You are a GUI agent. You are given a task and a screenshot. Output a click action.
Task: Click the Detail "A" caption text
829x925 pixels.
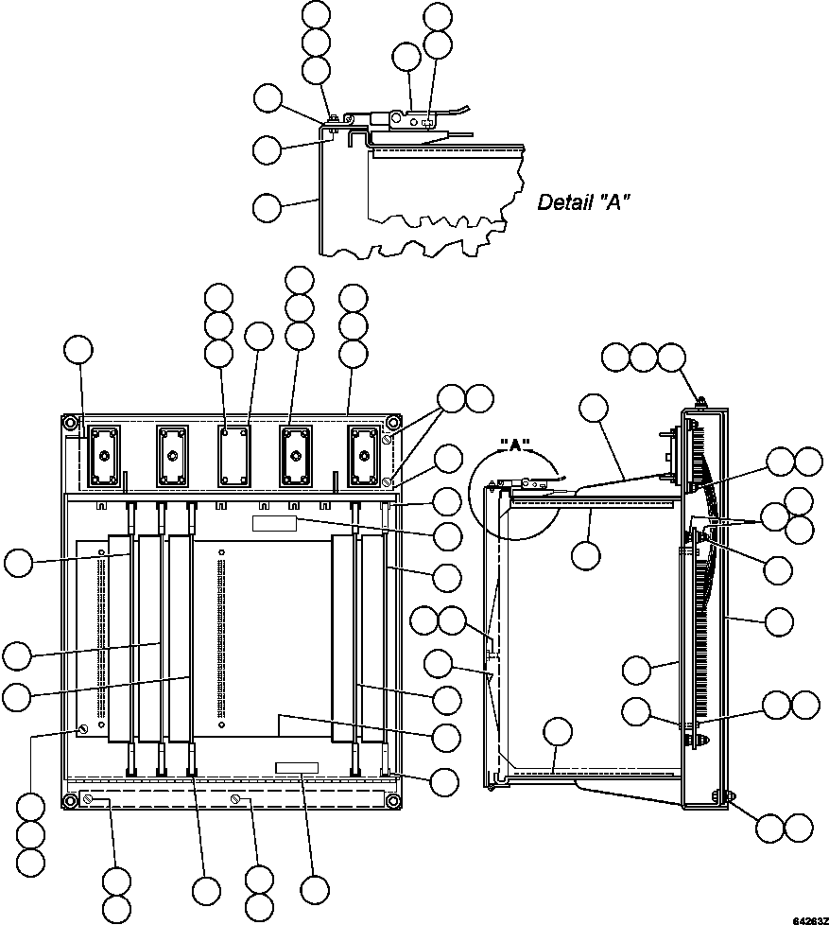pyautogui.click(x=583, y=201)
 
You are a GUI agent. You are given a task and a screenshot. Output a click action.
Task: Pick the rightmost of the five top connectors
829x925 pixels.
pyautogui.click(x=362, y=455)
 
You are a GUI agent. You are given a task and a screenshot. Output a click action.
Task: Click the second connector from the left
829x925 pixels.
pyautogui.click(x=171, y=455)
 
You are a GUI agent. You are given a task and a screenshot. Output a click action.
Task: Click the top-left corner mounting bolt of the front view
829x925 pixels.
pyautogui.click(x=70, y=422)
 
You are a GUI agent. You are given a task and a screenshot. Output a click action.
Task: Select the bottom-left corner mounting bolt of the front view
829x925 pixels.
pyautogui.click(x=70, y=801)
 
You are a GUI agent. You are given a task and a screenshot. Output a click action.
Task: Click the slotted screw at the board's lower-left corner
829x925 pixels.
pyautogui.click(x=85, y=728)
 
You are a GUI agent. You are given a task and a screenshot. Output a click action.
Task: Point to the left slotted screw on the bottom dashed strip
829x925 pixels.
pyautogui.click(x=87, y=800)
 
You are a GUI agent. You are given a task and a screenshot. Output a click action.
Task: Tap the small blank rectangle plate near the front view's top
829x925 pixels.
pyautogui.click(x=274, y=523)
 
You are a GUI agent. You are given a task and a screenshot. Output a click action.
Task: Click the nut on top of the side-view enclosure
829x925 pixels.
pyautogui.click(x=699, y=402)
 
